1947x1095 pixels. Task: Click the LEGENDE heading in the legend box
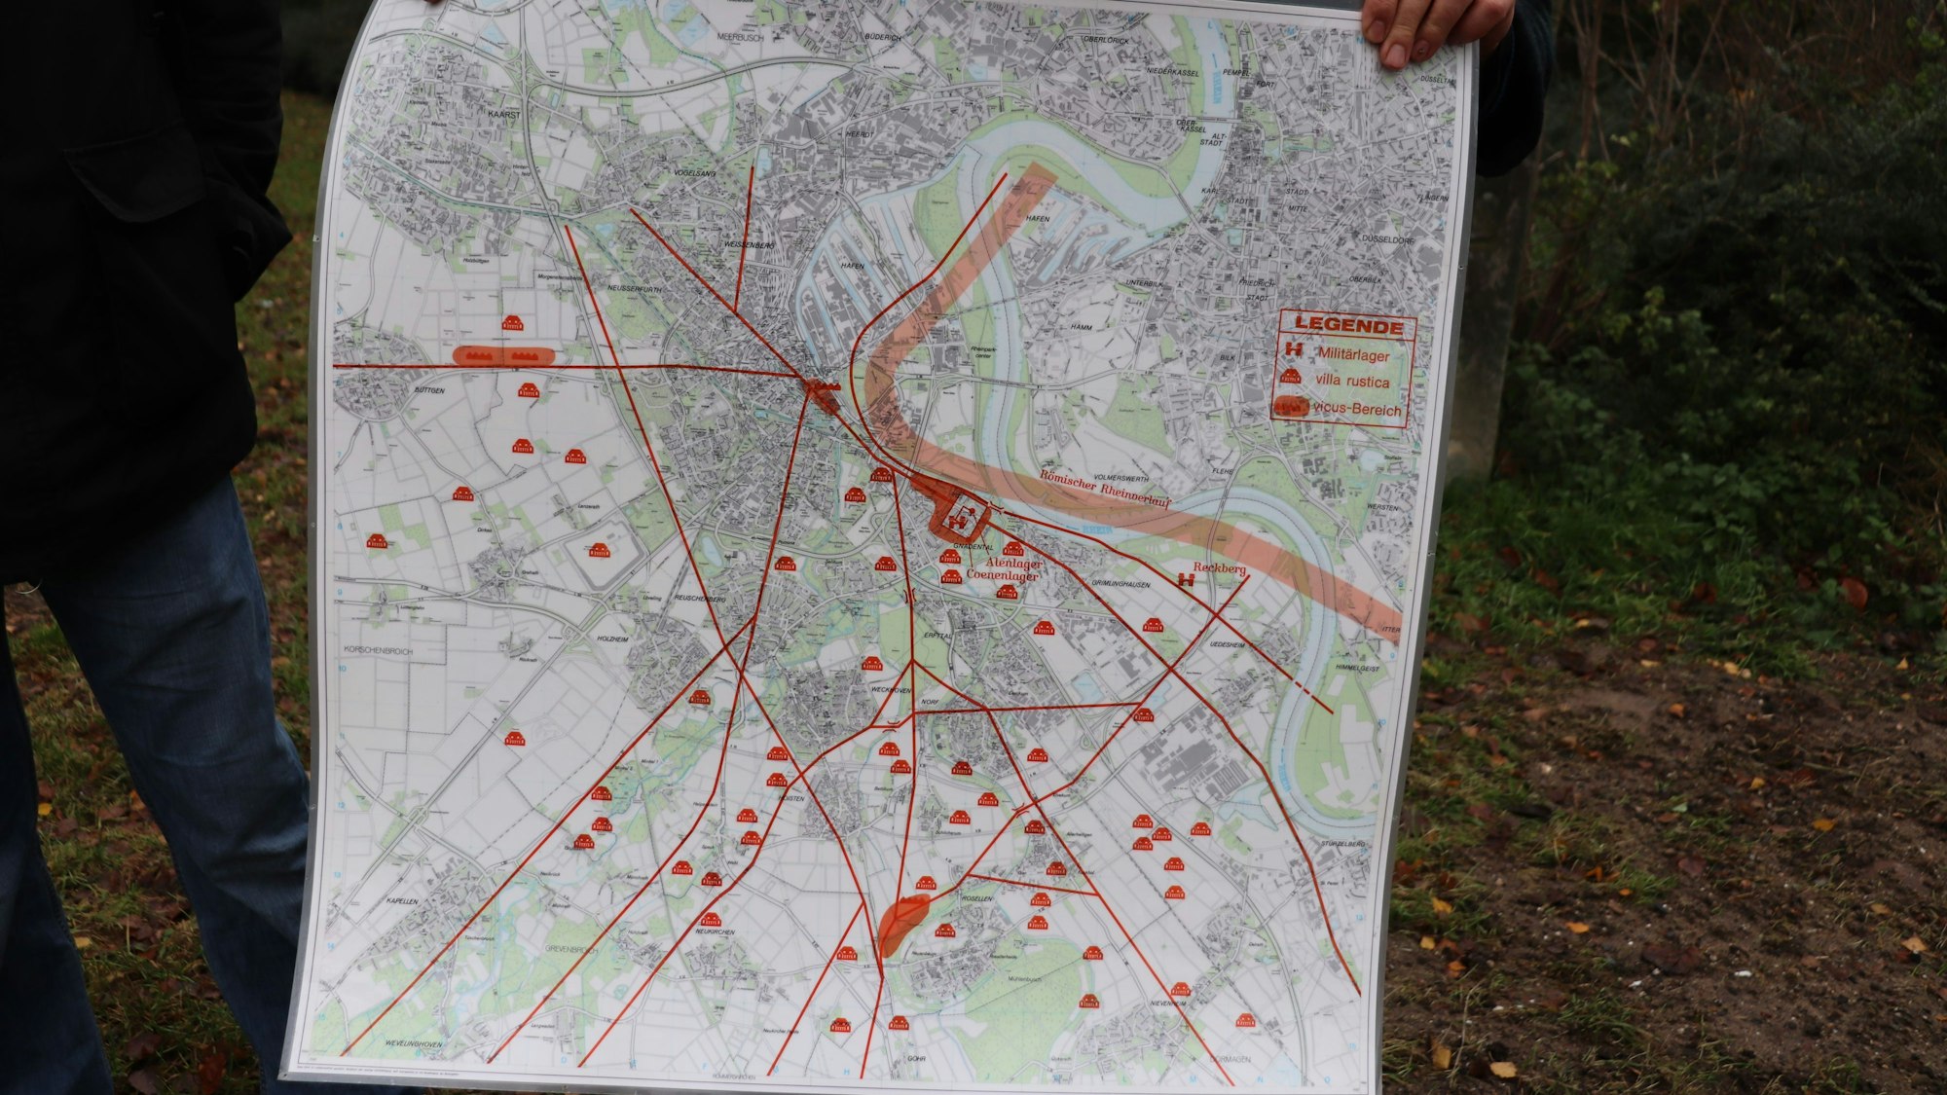(x=1348, y=327)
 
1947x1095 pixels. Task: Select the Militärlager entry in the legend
(x=1353, y=354)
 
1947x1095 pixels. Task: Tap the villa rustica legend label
(x=1352, y=382)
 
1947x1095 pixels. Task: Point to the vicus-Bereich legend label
(x=1357, y=409)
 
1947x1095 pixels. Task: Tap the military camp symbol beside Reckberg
(x=1187, y=581)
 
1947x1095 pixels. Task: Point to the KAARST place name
(x=505, y=114)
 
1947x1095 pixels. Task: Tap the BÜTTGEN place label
(x=429, y=390)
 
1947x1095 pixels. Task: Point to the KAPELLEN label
(x=402, y=901)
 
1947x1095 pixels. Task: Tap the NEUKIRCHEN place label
(x=714, y=932)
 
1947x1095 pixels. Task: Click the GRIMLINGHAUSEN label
(x=1120, y=585)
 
